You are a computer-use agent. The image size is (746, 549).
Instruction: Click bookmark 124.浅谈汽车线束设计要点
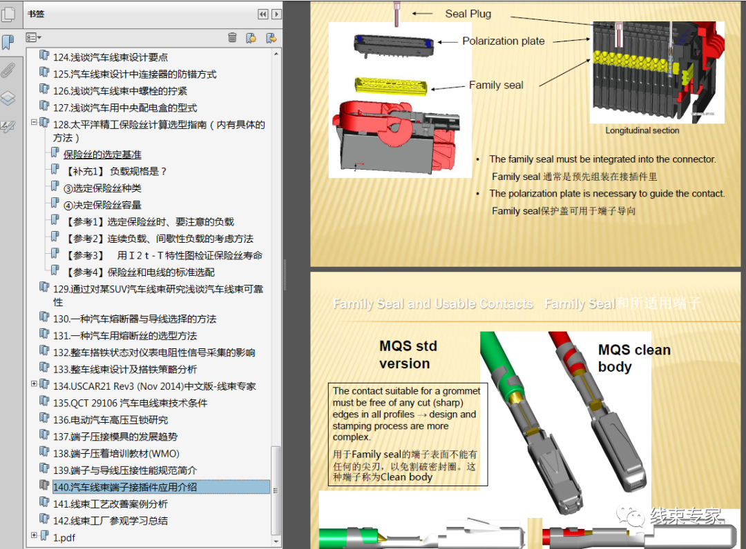tap(110, 57)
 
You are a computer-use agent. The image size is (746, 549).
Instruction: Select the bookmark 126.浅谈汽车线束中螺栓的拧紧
tap(119, 91)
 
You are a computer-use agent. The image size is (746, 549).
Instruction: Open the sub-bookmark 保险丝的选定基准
tap(102, 154)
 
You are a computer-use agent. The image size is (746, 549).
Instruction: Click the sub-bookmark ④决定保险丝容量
tap(102, 205)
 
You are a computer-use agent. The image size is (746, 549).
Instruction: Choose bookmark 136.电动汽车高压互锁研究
tap(110, 420)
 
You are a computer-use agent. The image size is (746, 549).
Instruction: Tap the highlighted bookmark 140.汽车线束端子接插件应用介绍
tap(125, 487)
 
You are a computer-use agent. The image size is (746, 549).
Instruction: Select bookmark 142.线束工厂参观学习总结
tap(110, 521)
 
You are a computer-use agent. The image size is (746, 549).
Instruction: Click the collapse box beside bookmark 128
tap(34, 123)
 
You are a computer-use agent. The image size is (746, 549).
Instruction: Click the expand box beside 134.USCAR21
tap(34, 384)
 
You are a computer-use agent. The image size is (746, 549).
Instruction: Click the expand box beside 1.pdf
tap(34, 535)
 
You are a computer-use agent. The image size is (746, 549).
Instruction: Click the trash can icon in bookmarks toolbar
tap(232, 37)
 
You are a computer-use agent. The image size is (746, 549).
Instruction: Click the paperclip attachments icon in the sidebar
tap(8, 70)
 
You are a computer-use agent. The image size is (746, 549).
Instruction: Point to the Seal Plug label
tap(468, 14)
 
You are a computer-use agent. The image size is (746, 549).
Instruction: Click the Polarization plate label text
tap(504, 41)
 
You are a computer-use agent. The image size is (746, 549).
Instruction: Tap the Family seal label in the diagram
tap(496, 86)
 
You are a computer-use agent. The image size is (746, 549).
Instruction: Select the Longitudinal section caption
tap(642, 130)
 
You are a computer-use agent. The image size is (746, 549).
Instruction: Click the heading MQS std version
tap(408, 355)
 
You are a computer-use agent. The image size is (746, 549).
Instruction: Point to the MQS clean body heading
tap(633, 358)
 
